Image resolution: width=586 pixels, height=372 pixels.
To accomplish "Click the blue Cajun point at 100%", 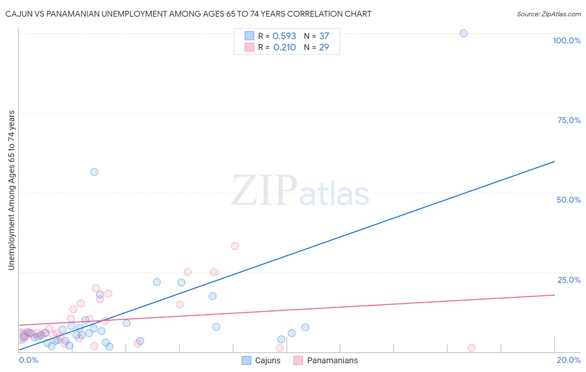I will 463,33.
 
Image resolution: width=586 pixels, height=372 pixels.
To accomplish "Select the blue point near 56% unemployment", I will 94,172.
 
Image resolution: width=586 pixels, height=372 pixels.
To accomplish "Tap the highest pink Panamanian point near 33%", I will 235,246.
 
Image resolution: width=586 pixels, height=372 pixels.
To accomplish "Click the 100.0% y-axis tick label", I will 566,40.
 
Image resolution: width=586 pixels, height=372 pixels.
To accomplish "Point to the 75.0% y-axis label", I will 569,120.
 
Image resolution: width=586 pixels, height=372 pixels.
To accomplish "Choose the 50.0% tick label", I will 568,200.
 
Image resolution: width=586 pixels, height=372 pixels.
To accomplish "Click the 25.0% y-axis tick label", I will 569,280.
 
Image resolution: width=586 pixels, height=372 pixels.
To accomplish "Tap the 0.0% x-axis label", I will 28,360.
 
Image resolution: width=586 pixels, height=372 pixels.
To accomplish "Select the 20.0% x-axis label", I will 568,360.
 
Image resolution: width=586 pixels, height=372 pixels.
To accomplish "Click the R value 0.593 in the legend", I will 284,36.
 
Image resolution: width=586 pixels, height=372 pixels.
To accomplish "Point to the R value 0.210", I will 284,48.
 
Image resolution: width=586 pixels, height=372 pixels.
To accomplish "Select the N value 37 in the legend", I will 324,36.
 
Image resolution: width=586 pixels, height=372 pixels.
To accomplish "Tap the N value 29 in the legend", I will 324,48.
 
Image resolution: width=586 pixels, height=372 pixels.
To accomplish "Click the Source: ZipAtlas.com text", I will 548,14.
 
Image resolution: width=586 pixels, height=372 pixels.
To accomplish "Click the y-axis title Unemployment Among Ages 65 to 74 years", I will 12,190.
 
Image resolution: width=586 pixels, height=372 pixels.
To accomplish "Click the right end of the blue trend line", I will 554,161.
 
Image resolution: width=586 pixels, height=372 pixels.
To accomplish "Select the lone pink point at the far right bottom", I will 471,348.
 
